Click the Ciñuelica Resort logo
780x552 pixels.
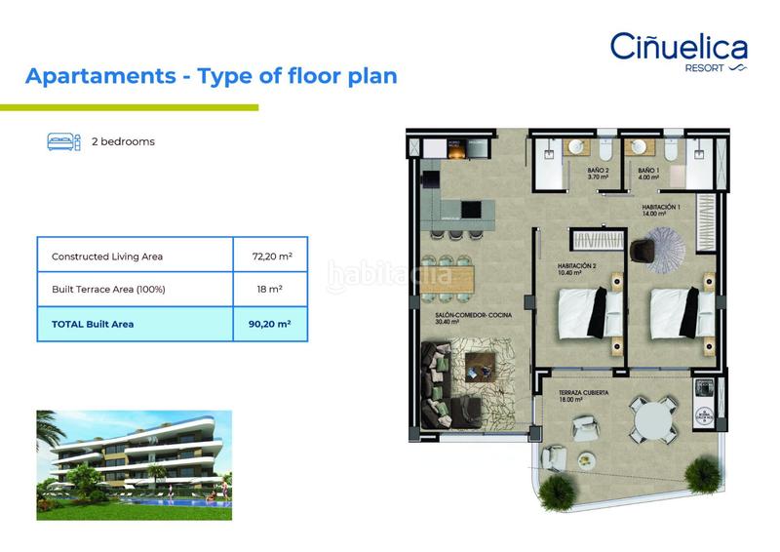pyautogui.click(x=679, y=51)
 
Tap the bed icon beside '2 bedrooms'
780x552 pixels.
pyautogui.click(x=63, y=141)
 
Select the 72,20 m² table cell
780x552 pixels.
pyautogui.click(x=272, y=256)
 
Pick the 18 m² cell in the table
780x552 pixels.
pyautogui.click(x=272, y=290)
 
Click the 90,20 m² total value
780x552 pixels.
pyautogui.click(x=272, y=323)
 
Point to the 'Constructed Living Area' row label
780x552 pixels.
pyautogui.click(x=107, y=256)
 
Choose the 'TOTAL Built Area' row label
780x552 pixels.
pyautogui.click(x=93, y=323)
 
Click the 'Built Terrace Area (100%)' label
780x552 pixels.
pyautogui.click(x=108, y=290)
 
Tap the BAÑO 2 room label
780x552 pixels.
pyautogui.click(x=598, y=175)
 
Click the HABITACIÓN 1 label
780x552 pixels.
pyautogui.click(x=660, y=211)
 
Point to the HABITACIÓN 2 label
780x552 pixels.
pyautogui.click(x=577, y=269)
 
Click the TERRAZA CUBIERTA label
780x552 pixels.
pyautogui.click(x=584, y=395)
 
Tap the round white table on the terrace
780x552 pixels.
pyautogui.click(x=652, y=421)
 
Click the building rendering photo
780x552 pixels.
pyautogui.click(x=134, y=464)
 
